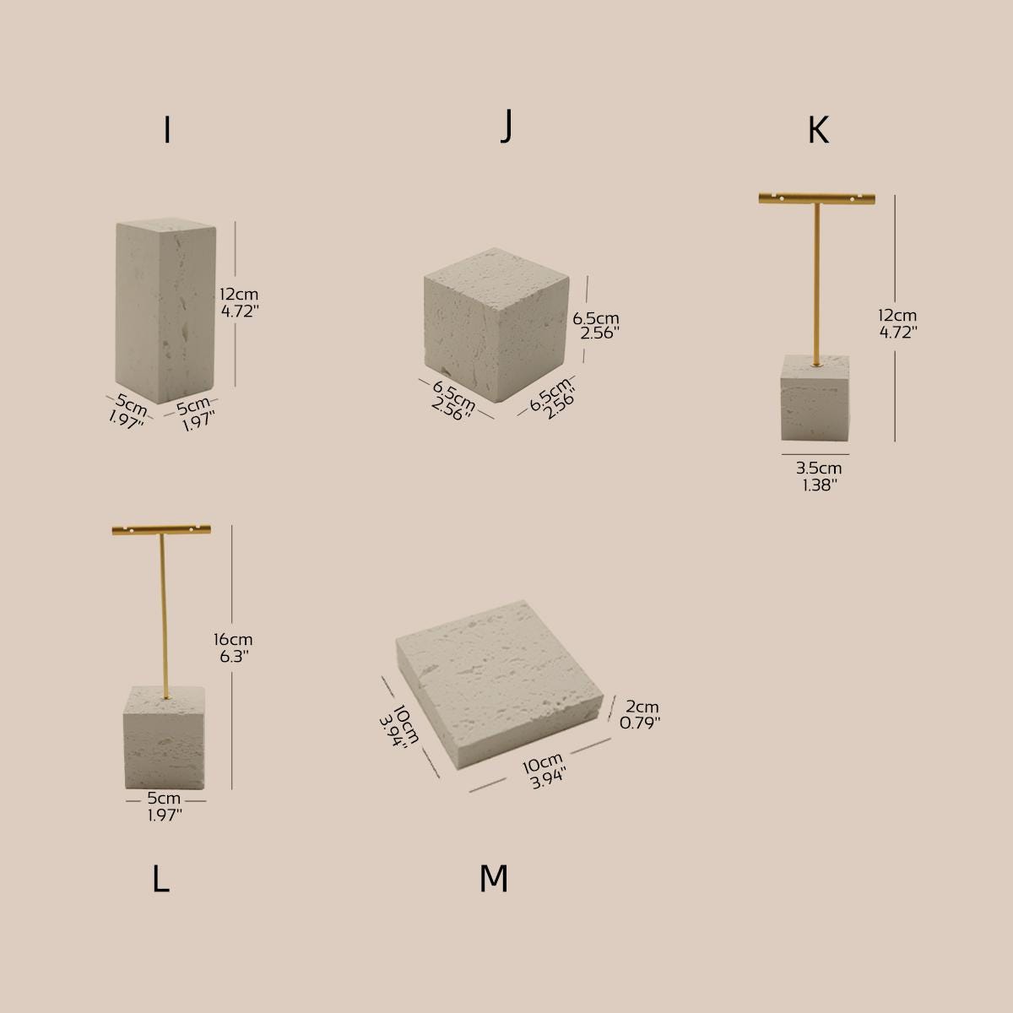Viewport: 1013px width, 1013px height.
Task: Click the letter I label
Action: [167, 130]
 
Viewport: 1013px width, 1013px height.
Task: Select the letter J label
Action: [506, 127]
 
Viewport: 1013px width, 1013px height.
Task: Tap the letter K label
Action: [817, 130]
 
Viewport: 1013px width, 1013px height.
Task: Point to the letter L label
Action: [160, 880]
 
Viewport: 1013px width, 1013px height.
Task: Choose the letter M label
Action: [493, 880]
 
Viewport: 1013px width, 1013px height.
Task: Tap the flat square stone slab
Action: [502, 684]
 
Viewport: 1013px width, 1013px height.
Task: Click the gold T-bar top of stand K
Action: [816, 198]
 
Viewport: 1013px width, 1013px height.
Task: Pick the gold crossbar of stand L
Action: [160, 530]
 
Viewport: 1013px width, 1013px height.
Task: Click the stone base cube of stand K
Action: [815, 398]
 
